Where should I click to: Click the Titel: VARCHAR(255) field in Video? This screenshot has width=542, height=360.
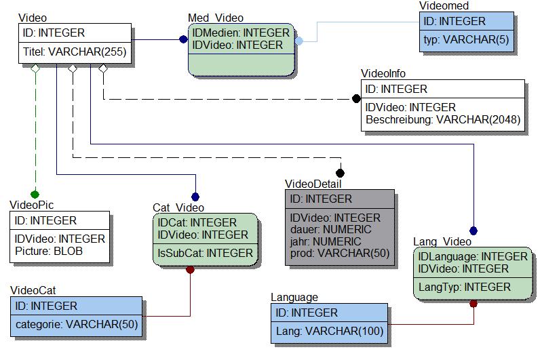click(74, 51)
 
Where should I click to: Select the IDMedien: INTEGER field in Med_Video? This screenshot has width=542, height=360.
click(241, 33)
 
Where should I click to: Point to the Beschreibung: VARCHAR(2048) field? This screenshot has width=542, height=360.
click(443, 120)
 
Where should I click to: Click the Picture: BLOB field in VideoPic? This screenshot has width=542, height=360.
click(50, 252)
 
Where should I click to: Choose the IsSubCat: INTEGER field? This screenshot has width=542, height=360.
click(206, 253)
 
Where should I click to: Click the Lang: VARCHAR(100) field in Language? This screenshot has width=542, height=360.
click(330, 332)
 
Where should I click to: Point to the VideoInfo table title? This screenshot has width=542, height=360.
click(384, 73)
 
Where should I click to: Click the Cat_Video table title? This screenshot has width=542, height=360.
click(178, 207)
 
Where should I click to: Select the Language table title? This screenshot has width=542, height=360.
click(294, 297)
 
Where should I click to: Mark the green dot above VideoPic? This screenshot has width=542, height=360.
click(35, 195)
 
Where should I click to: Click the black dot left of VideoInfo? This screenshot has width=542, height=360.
click(356, 99)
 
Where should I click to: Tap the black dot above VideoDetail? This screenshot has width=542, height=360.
click(340, 174)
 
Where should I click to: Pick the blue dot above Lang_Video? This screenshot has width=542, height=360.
click(473, 231)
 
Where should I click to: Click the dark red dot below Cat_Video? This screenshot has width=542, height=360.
click(191, 269)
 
